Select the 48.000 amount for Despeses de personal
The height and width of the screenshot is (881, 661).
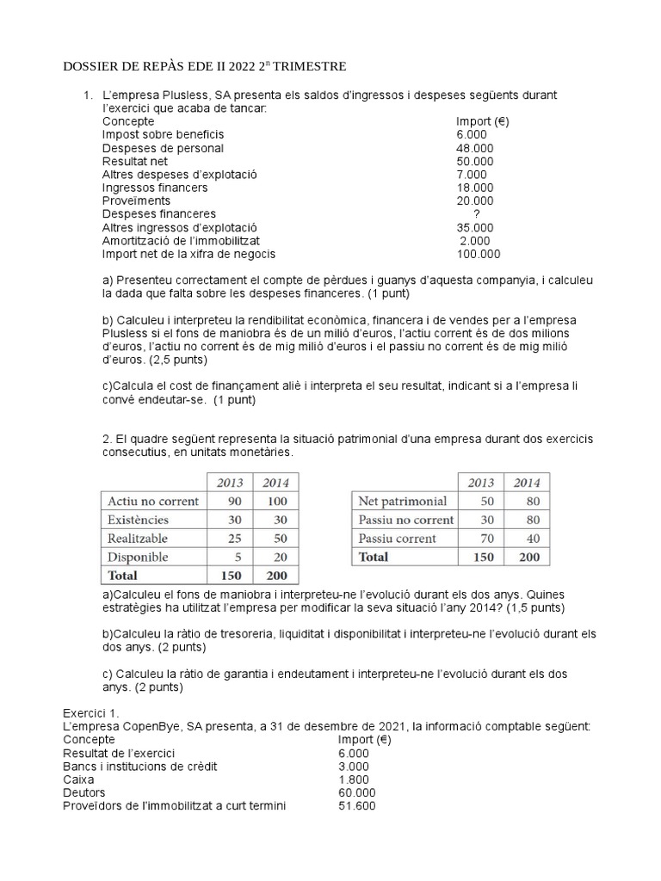click(x=475, y=148)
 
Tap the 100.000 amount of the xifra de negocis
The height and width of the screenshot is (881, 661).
click(x=479, y=254)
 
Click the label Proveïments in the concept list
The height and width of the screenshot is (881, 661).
click(x=136, y=200)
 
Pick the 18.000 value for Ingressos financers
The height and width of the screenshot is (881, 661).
click(x=475, y=188)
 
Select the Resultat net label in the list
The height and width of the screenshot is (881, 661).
click(x=134, y=161)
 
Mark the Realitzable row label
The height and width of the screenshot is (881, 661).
click(x=138, y=539)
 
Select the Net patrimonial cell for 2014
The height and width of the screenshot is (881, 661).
click(x=527, y=501)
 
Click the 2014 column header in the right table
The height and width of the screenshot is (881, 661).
click(x=527, y=483)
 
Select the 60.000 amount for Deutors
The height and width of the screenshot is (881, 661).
click(x=357, y=792)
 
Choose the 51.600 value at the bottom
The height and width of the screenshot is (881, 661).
click(x=357, y=806)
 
